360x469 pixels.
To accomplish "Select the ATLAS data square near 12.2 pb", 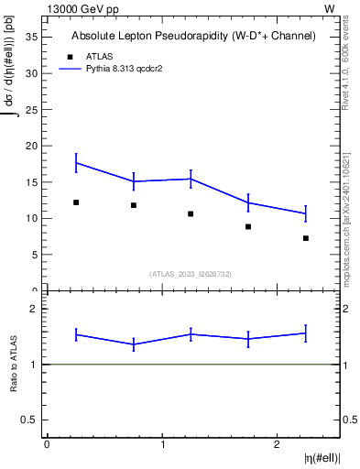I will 76,202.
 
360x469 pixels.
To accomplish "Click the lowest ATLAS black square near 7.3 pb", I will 306,238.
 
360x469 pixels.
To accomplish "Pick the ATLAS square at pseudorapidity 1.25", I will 191,214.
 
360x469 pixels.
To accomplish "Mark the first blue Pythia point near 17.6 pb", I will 76,163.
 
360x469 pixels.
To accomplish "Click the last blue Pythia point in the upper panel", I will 306,213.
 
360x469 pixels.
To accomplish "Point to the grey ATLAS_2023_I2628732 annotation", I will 191,273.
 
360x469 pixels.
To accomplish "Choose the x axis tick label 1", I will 162,444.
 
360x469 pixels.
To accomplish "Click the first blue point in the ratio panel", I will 76,334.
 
